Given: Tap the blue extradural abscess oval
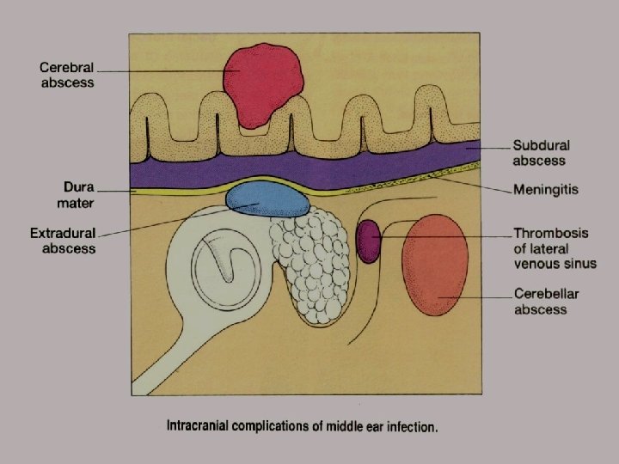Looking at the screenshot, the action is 268,198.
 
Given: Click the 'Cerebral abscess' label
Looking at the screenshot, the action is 67,76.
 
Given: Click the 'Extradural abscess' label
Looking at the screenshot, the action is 63,241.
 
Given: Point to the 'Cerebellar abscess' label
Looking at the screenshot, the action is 547,302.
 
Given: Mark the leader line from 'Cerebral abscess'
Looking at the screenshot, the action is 163,70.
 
